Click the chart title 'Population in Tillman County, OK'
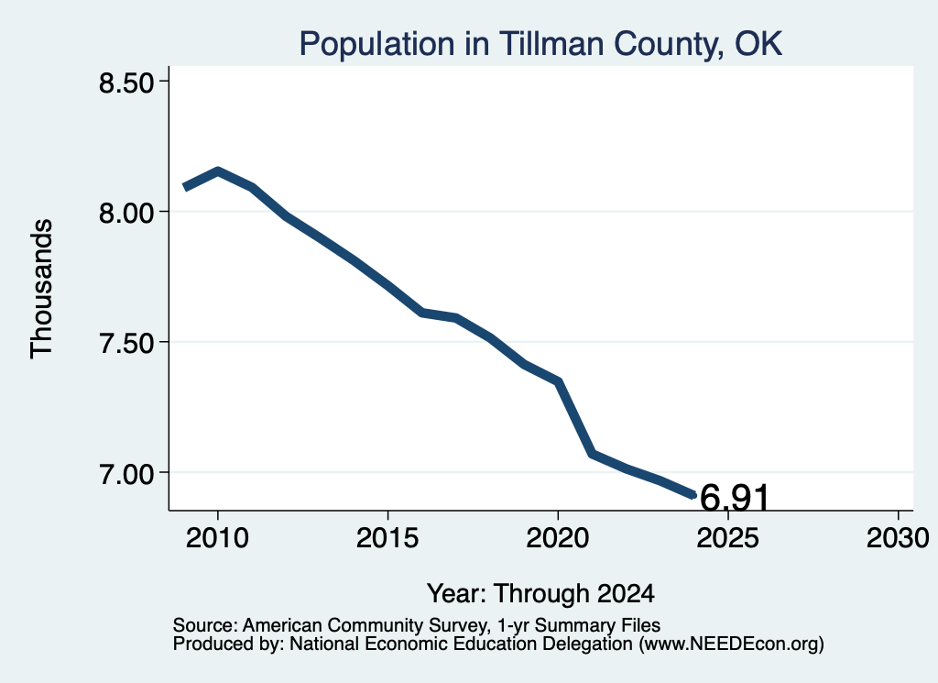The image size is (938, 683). coord(540,44)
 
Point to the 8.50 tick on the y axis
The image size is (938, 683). coord(126,83)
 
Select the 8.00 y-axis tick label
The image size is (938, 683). coord(126,212)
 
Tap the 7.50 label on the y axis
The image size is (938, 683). coord(126,342)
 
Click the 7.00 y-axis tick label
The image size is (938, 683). coord(126,473)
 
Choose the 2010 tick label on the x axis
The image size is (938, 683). coord(217,537)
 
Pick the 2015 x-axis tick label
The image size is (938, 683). coord(387,537)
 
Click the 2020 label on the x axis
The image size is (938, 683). coord(558,537)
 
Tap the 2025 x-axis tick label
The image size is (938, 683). coord(727,537)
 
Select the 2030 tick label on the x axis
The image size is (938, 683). coord(898,537)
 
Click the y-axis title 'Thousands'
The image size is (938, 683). coord(42,289)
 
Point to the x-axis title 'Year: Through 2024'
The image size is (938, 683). coord(540,594)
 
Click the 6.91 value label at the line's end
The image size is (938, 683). coord(734,498)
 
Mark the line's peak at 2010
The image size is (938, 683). coord(218,171)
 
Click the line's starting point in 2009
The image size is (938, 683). coord(185,187)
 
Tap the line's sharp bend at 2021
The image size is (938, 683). coord(592,454)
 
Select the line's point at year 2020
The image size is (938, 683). coord(558,381)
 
